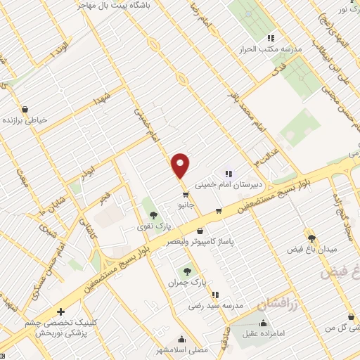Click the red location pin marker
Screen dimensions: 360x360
pos(181,165)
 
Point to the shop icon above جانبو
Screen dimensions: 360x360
pos(185,195)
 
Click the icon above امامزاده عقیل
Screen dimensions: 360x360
pos(264,323)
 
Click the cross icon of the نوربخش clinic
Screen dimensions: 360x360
pos(60,311)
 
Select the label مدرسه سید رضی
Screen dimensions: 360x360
pos(215,306)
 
